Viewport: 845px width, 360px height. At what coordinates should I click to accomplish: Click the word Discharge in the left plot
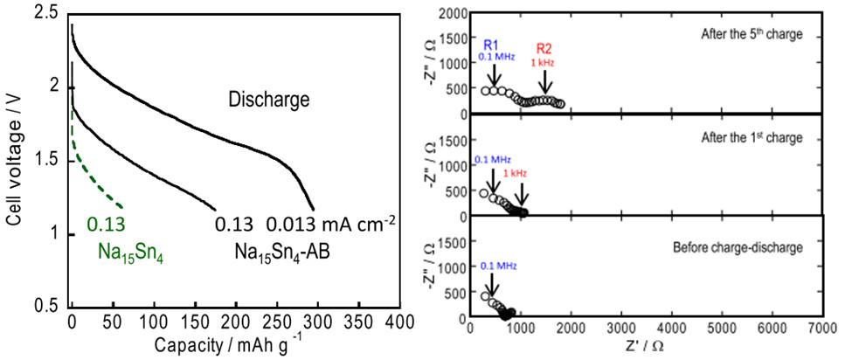point(270,99)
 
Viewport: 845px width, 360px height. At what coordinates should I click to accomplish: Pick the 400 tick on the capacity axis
point(398,321)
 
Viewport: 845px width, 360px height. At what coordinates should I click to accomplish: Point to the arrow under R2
point(546,82)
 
